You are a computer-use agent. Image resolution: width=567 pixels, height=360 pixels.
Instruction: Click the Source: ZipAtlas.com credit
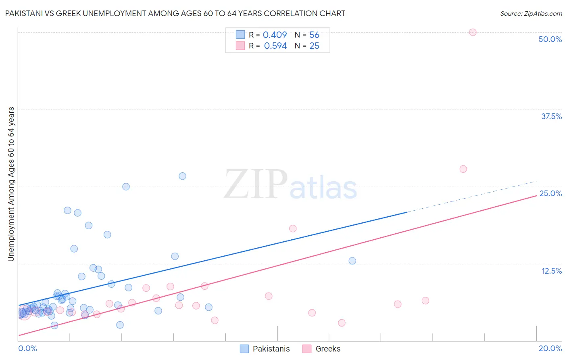coord(531,13)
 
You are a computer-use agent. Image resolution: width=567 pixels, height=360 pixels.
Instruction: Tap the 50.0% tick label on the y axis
coord(550,39)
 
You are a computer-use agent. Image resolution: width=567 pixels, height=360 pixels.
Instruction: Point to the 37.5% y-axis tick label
coord(551,116)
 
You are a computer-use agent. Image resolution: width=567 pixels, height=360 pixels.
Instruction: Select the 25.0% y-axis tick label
coord(550,193)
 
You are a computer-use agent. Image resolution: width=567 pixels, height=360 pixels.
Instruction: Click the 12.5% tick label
coord(551,271)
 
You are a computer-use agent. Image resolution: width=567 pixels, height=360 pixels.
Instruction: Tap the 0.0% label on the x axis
coord(27,348)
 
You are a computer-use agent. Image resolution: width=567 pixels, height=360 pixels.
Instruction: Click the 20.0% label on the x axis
coord(550,348)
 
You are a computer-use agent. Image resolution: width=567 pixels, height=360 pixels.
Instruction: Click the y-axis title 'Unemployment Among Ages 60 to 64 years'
coord(11,184)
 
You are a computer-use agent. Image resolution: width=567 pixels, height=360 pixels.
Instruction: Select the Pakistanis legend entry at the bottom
coord(265,349)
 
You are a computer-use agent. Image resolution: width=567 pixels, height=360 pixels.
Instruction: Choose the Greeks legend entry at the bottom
coord(321,349)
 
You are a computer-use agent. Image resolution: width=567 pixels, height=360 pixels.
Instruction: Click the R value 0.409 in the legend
coord(275,35)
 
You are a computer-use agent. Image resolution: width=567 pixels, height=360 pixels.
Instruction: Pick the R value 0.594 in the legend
coord(275,46)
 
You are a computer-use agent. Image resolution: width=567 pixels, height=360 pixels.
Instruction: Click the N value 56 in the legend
coord(314,35)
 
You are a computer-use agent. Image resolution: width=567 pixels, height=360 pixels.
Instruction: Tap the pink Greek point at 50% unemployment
coord(473,32)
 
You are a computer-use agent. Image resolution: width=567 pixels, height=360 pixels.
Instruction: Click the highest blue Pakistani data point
coord(182,176)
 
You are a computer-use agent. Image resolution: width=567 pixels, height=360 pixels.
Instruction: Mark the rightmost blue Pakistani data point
coord(352,261)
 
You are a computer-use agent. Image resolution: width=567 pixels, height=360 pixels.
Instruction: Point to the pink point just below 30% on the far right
coord(463,169)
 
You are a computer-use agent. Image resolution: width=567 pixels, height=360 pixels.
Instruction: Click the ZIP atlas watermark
coord(290,185)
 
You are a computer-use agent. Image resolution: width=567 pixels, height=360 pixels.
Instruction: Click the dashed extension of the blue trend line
coord(472,197)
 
